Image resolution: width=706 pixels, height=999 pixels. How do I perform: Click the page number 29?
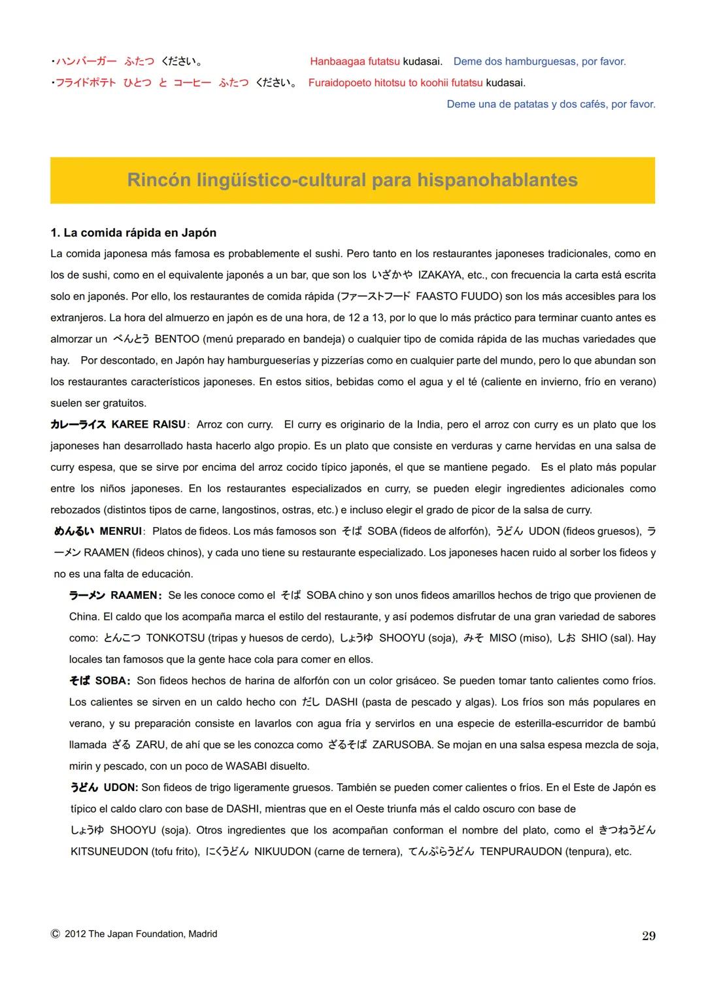pyautogui.click(x=648, y=936)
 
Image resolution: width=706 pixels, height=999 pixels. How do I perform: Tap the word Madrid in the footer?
pyautogui.click(x=203, y=934)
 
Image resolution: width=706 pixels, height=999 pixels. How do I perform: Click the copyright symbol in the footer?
pyautogui.click(x=55, y=934)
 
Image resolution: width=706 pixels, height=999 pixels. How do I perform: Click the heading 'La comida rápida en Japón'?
pyautogui.click(x=133, y=233)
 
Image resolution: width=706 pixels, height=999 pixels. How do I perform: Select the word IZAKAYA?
pyautogui.click(x=441, y=275)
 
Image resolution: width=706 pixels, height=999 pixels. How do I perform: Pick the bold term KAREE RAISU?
pyautogui.click(x=149, y=425)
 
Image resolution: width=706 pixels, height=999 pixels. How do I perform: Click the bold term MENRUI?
pyautogui.click(x=121, y=532)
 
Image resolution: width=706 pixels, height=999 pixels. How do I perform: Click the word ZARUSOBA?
pyautogui.click(x=401, y=745)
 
